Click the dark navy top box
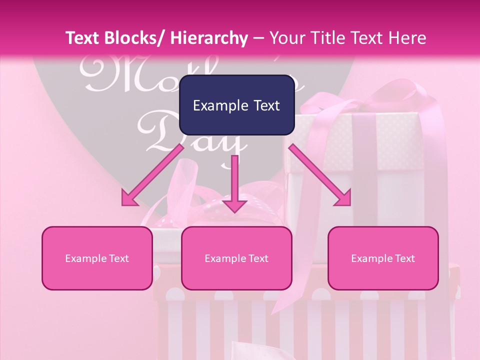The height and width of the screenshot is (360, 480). pos(236,105)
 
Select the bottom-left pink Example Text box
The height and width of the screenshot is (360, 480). pos(97,258)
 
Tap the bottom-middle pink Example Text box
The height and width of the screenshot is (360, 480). pos(236,258)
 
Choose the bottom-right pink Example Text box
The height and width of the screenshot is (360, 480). pos(383,258)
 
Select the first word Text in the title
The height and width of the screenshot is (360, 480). pos(82,38)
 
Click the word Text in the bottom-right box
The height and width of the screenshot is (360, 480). pos(404,258)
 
